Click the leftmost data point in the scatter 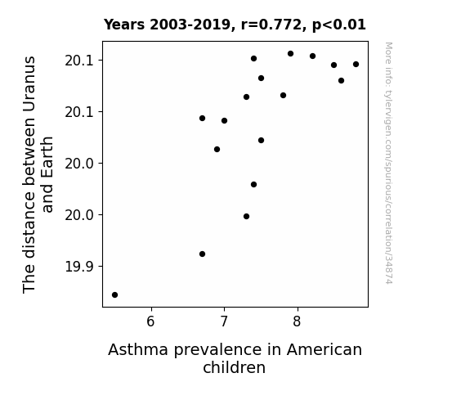(x=114, y=294)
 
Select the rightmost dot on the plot (x=356, y=65)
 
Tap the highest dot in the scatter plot (x=290, y=54)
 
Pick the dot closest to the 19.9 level (x=203, y=254)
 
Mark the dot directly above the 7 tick (x=224, y=120)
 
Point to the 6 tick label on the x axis (x=150, y=321)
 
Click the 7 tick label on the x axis (x=224, y=321)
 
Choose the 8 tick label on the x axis (x=297, y=321)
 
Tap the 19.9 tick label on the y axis (x=80, y=267)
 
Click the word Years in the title (x=124, y=25)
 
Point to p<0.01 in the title (x=339, y=25)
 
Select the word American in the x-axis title (x=325, y=349)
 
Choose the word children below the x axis (x=234, y=367)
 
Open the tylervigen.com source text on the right (x=389, y=163)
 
